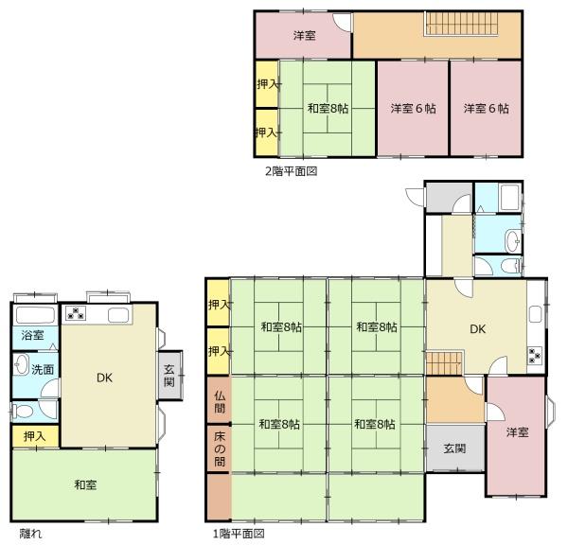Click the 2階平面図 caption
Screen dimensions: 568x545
(x=292, y=171)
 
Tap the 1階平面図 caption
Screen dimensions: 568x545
(x=239, y=534)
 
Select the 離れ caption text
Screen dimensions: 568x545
(x=31, y=534)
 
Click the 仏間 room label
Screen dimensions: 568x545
(x=220, y=402)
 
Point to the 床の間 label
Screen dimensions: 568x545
(x=220, y=449)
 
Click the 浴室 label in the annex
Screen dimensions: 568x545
(x=32, y=335)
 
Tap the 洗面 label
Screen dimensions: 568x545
(x=43, y=369)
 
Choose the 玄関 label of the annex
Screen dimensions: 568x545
(x=169, y=376)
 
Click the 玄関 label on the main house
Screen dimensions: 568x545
(x=454, y=448)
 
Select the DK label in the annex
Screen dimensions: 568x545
(x=104, y=378)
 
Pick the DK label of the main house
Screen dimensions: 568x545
(x=478, y=329)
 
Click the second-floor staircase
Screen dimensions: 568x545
(x=461, y=24)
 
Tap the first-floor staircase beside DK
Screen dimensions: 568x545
(x=445, y=362)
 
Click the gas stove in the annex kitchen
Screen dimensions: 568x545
(x=76, y=313)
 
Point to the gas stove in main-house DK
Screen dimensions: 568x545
(x=534, y=355)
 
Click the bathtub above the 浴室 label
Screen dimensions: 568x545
(x=36, y=315)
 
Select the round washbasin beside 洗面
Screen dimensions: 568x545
(x=22, y=364)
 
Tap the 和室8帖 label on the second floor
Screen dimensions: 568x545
(x=328, y=108)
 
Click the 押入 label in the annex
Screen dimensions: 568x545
(x=35, y=436)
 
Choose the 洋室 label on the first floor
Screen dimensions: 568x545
(x=517, y=432)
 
